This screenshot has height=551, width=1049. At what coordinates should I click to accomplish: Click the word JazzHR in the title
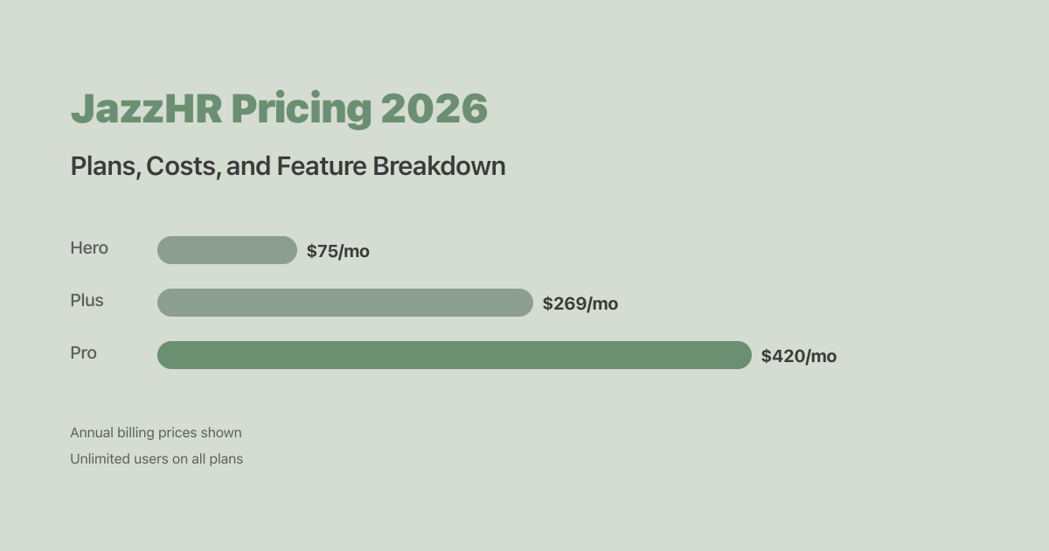point(146,109)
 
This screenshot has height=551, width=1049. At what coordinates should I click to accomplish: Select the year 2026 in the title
point(434,109)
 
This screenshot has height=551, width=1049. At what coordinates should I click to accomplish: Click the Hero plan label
point(89,248)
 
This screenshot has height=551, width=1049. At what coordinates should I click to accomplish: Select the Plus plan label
point(87,301)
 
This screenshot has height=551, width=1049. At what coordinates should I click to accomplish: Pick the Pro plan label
point(83,353)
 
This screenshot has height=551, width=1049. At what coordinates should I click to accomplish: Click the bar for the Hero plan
point(227,250)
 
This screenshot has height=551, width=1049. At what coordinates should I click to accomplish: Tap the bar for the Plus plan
point(344,303)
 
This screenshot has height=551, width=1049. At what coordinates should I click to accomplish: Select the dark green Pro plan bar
point(454,355)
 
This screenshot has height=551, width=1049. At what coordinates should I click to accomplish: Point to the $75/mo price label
point(337,252)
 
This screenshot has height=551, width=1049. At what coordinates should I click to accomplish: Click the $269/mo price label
point(580,304)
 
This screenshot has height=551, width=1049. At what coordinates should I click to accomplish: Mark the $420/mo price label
point(798,357)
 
